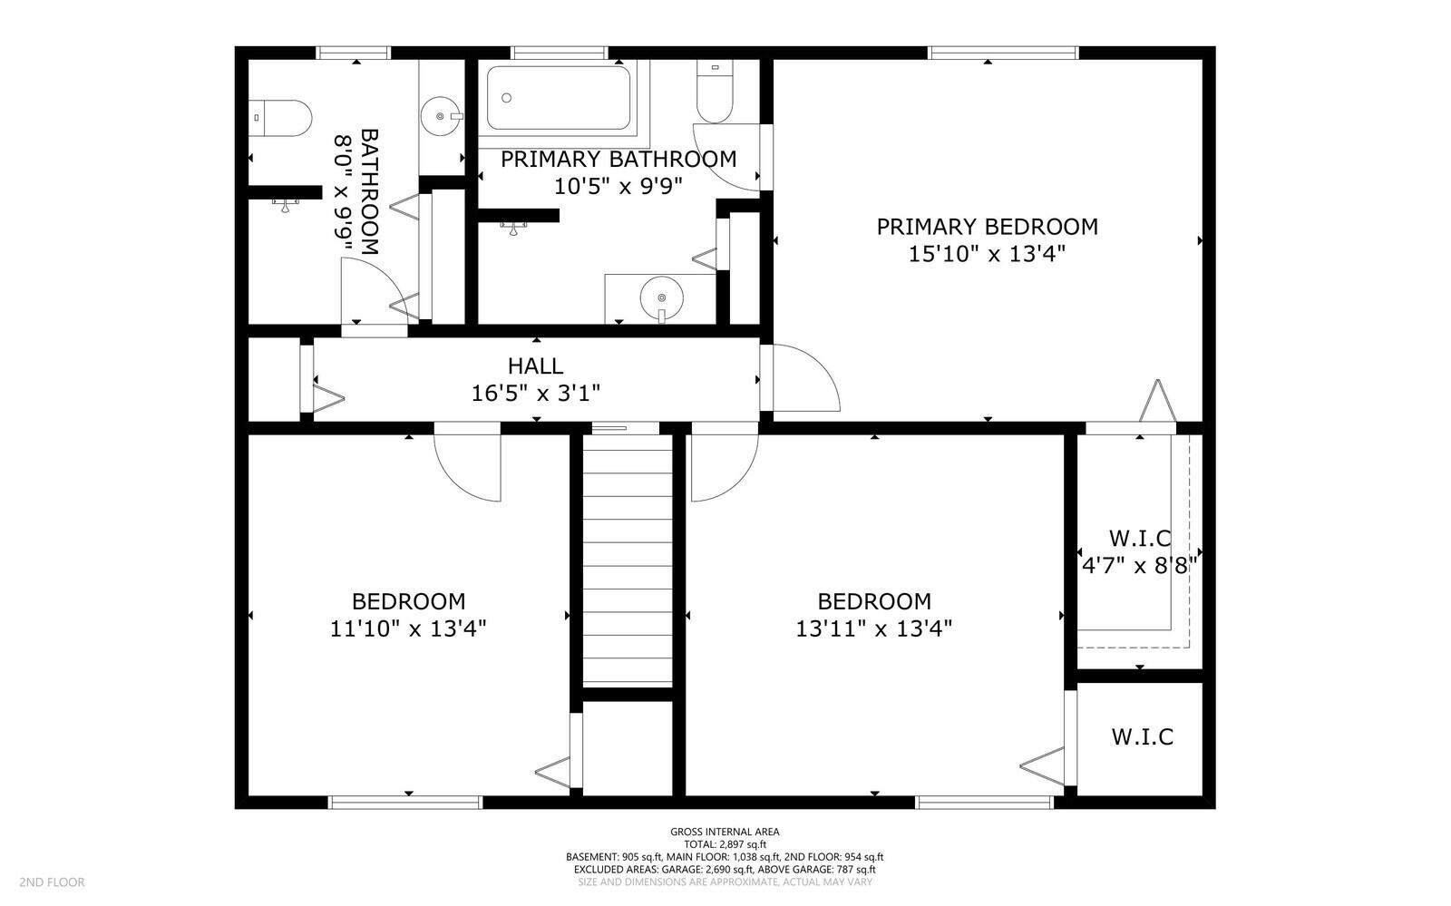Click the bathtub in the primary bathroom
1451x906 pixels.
coord(558,97)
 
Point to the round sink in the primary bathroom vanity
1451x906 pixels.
coord(661,297)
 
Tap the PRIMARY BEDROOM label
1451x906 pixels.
coord(987,227)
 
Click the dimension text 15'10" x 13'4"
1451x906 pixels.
coord(987,254)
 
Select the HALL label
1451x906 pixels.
coord(535,366)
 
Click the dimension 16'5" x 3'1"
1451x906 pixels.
coord(536,394)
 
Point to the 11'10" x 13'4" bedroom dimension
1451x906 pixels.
coord(409,628)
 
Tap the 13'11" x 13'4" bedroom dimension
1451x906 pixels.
coord(874,628)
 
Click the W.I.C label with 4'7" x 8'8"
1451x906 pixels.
coord(1140,539)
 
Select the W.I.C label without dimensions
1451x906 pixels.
coord(1142,736)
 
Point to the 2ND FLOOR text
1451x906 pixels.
coord(52,882)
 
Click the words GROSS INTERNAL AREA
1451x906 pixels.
coord(725,832)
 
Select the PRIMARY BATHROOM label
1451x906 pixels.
coord(618,160)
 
